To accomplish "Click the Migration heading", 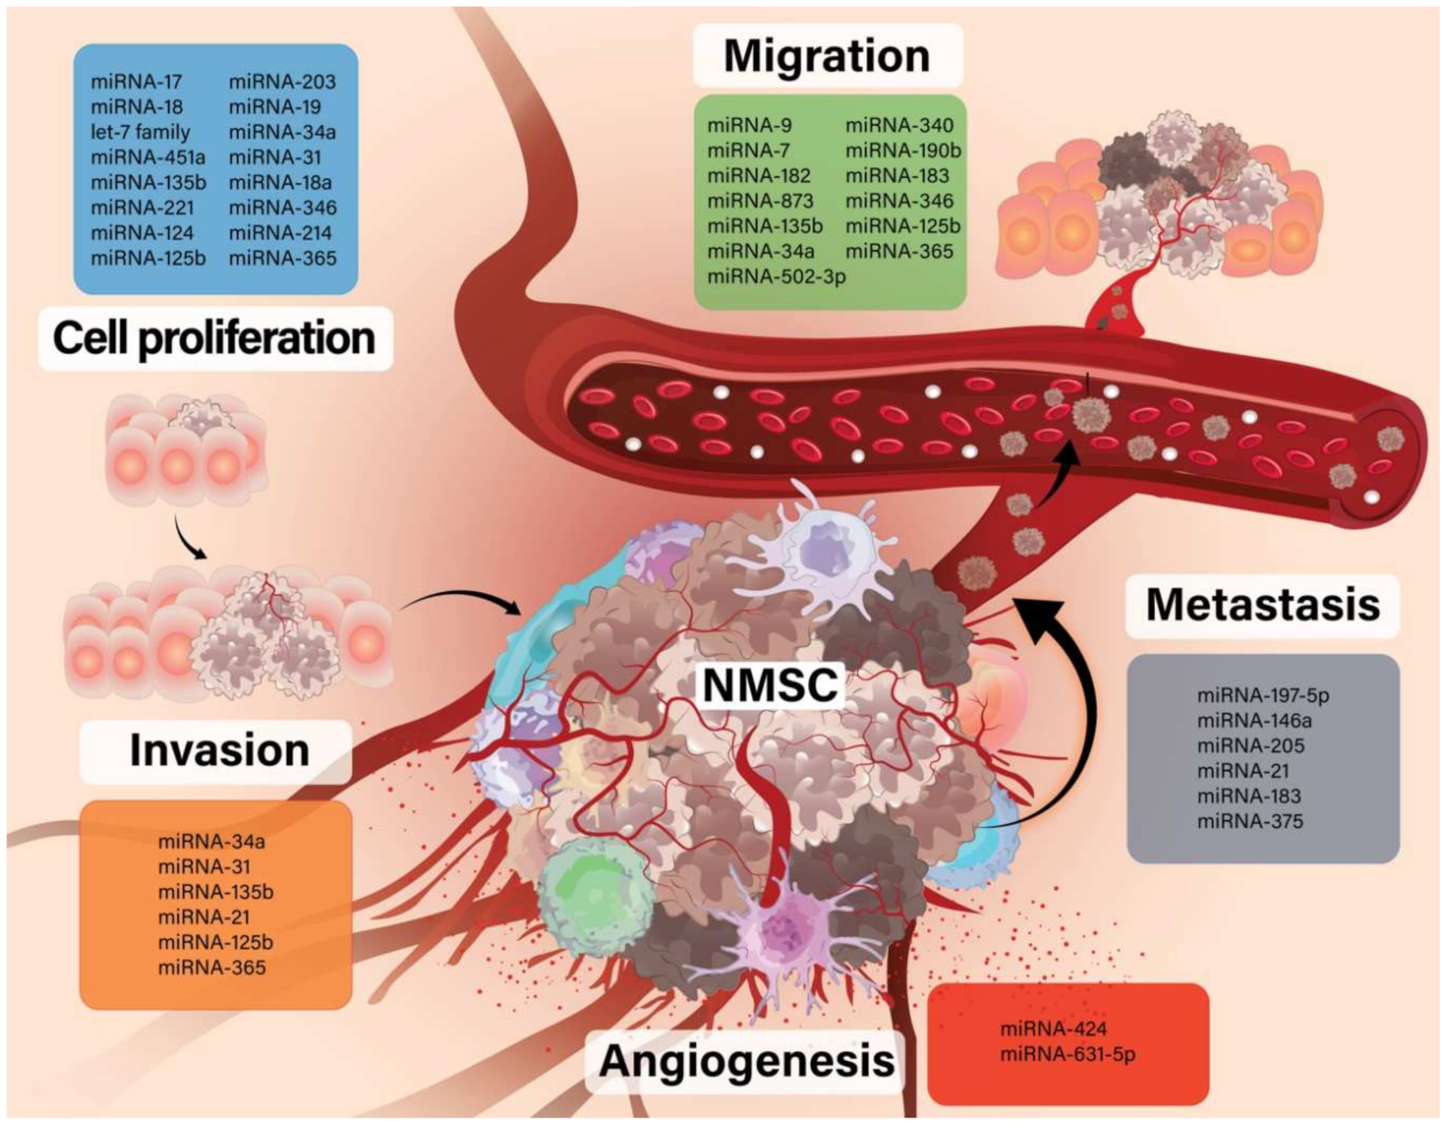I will click(827, 56).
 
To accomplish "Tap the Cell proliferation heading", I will click(214, 337).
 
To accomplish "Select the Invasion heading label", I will click(219, 751).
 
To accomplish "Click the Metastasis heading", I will click(1263, 605).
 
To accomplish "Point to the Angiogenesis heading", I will click(747, 1060).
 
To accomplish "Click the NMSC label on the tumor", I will click(771, 685).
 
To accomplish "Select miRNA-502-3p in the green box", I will click(776, 276).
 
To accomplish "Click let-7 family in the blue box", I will click(140, 132).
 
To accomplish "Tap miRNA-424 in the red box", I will click(1053, 1029).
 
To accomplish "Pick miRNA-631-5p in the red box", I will click(1067, 1054).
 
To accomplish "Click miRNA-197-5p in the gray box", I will click(1263, 695).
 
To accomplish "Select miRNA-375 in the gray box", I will click(1250, 822).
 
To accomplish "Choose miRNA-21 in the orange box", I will click(204, 918).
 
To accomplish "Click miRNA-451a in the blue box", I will click(147, 157).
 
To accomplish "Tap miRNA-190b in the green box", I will click(903, 150).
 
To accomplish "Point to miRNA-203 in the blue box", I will click(282, 82).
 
